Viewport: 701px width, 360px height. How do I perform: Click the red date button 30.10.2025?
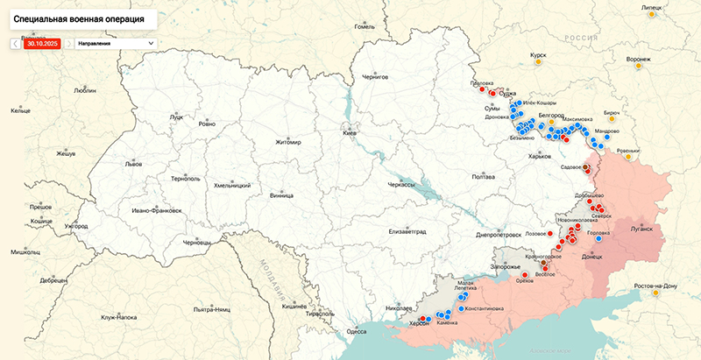(x=41, y=42)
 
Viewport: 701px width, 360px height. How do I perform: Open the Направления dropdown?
(x=115, y=42)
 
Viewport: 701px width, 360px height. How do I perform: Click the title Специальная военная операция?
(x=80, y=17)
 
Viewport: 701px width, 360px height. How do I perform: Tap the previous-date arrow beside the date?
(x=16, y=42)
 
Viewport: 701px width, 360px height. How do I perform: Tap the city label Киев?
(x=349, y=132)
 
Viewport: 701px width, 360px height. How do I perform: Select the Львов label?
(x=133, y=164)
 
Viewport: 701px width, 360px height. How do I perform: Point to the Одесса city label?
(x=357, y=331)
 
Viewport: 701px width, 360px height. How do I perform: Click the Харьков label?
(x=540, y=157)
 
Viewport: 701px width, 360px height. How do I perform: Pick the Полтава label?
(x=484, y=177)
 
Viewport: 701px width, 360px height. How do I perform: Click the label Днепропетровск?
(x=499, y=235)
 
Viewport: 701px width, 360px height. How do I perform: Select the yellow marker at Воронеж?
(x=638, y=66)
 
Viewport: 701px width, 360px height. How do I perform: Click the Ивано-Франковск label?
(x=156, y=210)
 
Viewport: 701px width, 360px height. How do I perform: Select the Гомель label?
(x=365, y=26)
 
